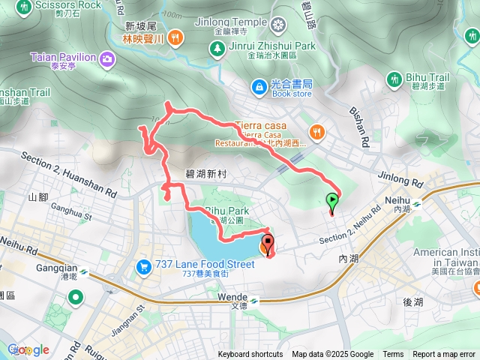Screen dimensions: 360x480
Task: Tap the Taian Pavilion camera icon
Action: pos(106,58)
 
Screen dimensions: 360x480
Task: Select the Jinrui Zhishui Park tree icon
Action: pos(217,48)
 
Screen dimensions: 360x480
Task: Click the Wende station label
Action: pos(232,298)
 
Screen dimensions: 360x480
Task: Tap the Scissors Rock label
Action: pos(68,4)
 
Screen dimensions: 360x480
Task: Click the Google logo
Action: pos(28,349)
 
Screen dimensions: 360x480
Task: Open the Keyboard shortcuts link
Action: pos(250,355)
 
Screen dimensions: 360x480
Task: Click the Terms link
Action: pos(393,355)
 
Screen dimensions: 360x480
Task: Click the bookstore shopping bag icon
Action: pos(258,88)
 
